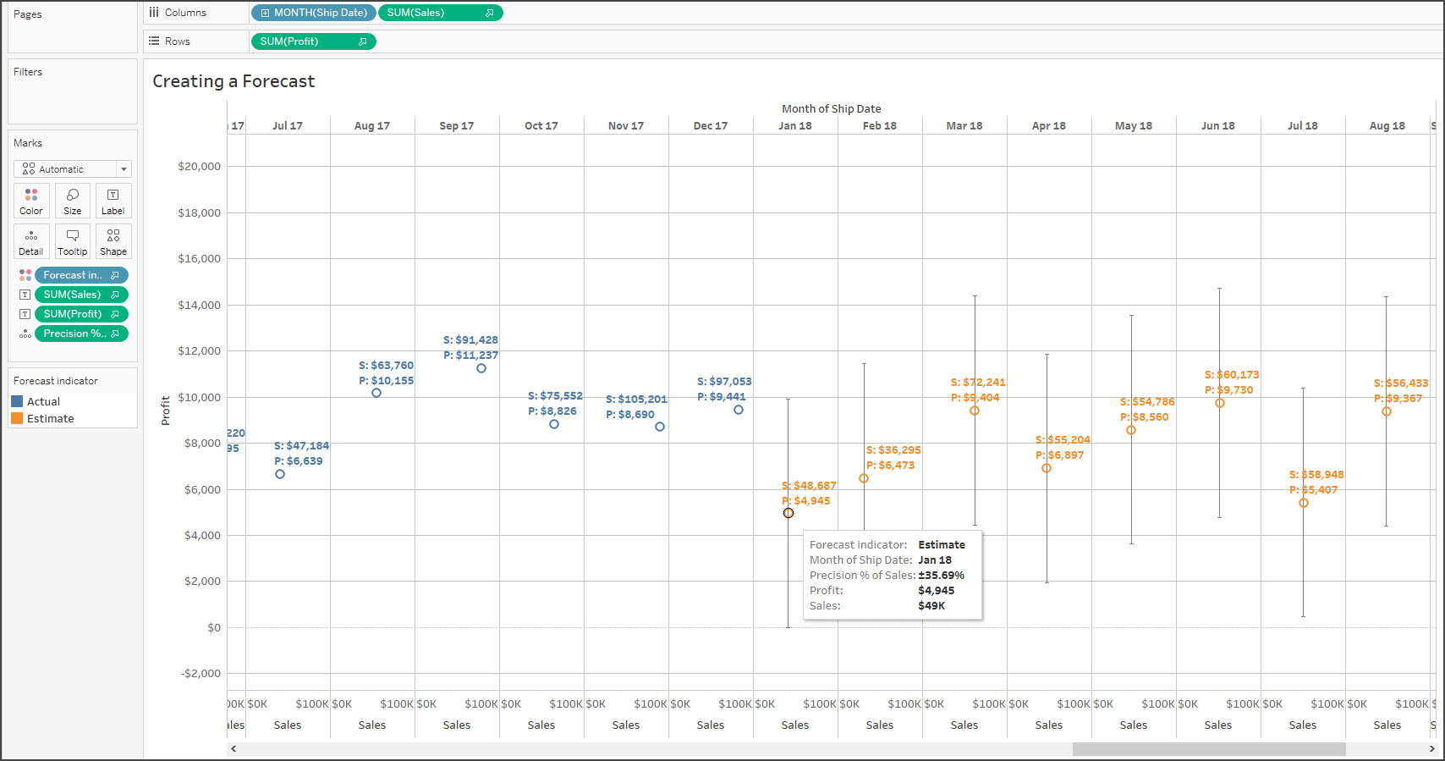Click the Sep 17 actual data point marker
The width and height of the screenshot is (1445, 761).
(481, 368)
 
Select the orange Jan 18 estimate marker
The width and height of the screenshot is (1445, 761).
(788, 513)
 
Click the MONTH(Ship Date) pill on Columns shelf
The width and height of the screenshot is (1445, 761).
(314, 13)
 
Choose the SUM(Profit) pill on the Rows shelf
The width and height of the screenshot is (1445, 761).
(312, 41)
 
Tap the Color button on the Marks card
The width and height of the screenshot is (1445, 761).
(31, 201)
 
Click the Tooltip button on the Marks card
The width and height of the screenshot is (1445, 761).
(73, 242)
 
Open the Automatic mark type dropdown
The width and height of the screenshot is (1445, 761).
(73, 169)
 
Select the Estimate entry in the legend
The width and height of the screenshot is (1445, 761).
(50, 419)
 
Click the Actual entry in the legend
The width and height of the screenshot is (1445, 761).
(43, 402)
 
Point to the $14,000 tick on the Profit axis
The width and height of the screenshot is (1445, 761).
(199, 305)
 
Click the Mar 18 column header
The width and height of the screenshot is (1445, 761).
(964, 126)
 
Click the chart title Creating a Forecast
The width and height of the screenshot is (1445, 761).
(234, 81)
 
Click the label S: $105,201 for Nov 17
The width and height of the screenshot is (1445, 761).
(636, 400)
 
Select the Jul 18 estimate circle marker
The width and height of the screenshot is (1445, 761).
(1304, 503)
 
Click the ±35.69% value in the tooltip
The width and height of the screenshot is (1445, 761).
(941, 576)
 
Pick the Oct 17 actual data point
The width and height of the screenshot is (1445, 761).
(554, 424)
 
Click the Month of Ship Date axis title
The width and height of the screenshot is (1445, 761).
(831, 109)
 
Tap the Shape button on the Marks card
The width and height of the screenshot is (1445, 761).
(113, 242)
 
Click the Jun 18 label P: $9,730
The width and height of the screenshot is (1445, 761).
(1229, 390)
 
